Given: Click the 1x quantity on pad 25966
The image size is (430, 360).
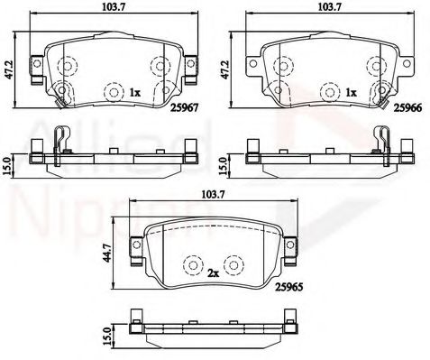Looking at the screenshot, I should coord(352,93).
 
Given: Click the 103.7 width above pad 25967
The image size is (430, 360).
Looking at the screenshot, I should coord(113,6).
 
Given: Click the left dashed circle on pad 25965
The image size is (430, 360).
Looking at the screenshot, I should coord(192,266).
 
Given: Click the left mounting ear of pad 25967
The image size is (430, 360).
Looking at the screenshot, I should coord(36,69).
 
